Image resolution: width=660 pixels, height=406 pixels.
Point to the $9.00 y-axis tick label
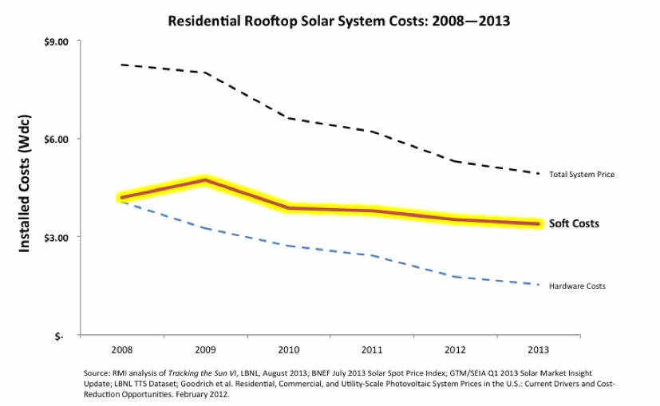pos(57,41)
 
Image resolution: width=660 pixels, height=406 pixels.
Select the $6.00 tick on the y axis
pos(57,139)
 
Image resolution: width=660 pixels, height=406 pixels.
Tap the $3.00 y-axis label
pos(57,238)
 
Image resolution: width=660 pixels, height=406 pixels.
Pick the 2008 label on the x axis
pos(122,350)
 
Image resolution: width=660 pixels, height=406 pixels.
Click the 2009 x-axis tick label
pos(206,350)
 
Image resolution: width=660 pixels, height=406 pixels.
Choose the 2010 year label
pos(289,350)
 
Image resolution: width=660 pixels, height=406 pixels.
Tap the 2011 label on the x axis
pos(372,350)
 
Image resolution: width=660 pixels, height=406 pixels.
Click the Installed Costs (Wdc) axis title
pos(25,188)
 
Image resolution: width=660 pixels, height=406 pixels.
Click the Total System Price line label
pos(582,174)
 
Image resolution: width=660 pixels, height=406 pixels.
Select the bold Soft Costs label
pos(574,224)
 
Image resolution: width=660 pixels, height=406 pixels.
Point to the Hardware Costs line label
pos(577,286)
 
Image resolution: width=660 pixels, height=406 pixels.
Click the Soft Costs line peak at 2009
pos(206,180)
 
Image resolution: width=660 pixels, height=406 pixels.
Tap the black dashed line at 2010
pos(289,118)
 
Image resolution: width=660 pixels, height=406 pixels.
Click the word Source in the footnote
pos(97,372)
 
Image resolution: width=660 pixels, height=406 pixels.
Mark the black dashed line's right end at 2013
pos(539,173)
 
